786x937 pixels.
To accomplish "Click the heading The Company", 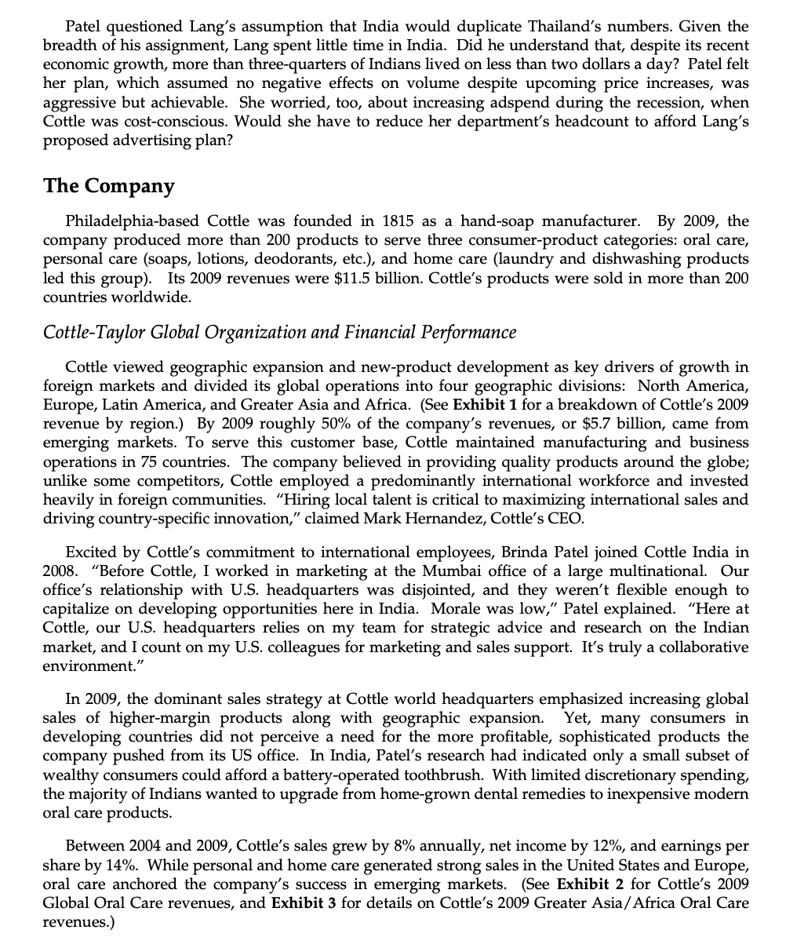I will point(109,186).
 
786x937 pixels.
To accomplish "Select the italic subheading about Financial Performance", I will point(280,333).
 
